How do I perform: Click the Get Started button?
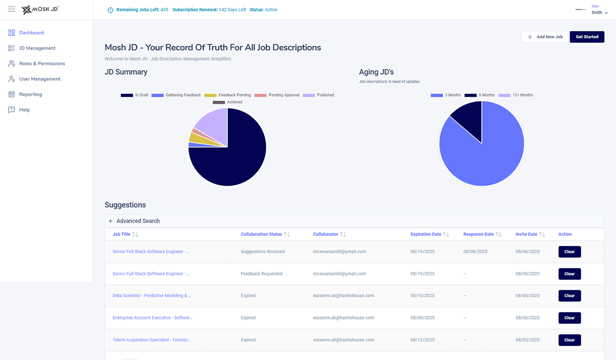click(x=587, y=37)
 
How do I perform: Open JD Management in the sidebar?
click(x=37, y=48)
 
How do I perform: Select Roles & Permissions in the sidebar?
click(x=42, y=63)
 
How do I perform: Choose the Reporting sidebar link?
click(x=30, y=94)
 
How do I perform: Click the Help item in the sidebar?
click(x=24, y=110)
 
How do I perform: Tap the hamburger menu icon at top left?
click(x=12, y=9)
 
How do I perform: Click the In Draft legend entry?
click(x=134, y=95)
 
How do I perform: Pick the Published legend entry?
click(x=319, y=95)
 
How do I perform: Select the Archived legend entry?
click(x=228, y=102)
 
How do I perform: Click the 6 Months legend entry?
click(x=480, y=95)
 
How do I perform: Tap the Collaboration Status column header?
click(x=261, y=234)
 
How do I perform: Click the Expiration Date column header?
click(x=426, y=234)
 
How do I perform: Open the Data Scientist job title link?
click(x=152, y=296)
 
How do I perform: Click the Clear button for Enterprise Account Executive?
click(x=569, y=318)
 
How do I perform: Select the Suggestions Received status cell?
click(x=263, y=252)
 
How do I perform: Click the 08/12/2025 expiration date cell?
click(x=422, y=340)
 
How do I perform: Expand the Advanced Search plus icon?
click(x=111, y=221)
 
